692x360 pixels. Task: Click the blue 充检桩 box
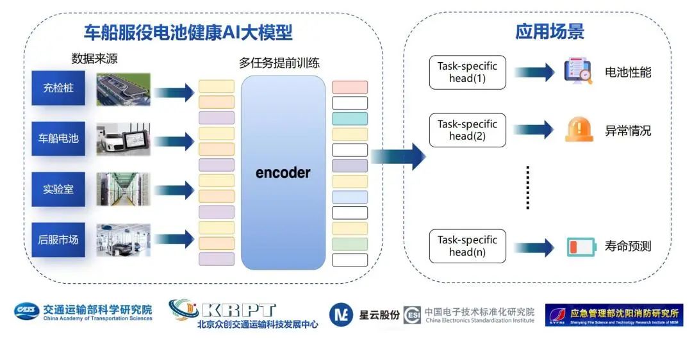click(58, 88)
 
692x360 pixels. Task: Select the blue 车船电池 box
click(58, 138)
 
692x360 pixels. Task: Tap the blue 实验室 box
click(58, 189)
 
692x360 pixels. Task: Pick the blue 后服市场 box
click(58, 240)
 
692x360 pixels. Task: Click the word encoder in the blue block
click(283, 173)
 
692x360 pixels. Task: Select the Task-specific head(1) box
click(467, 72)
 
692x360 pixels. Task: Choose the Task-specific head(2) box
click(467, 130)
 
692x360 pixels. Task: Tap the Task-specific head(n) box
click(467, 246)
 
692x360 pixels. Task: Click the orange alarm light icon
click(579, 129)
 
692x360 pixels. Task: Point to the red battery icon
click(581, 247)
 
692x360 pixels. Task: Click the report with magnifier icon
click(579, 72)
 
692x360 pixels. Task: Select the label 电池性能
click(628, 72)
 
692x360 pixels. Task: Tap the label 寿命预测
click(628, 246)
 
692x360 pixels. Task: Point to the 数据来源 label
click(94, 60)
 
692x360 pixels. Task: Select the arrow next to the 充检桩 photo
click(174, 92)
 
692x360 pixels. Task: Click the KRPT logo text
click(238, 310)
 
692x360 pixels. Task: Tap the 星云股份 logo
click(365, 315)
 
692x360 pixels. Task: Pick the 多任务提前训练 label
click(279, 63)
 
